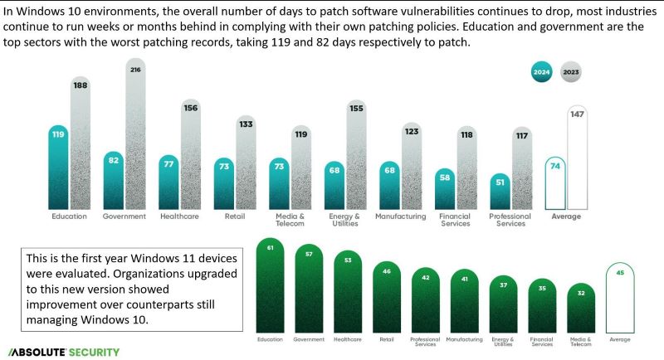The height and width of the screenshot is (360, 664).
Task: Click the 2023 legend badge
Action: coord(571,72)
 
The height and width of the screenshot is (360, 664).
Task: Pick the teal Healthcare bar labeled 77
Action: coord(170,182)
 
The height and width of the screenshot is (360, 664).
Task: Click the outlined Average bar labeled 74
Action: coord(555,182)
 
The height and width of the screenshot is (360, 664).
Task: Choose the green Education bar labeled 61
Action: coord(271,286)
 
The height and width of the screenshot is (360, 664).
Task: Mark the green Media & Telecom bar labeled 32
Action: coord(580,308)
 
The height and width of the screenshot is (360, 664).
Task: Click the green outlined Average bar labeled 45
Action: coord(620,299)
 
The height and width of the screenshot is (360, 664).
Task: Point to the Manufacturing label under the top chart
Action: coord(401,216)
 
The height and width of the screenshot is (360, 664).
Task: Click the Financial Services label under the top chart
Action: coord(456,220)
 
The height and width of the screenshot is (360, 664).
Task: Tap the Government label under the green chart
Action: coord(310,339)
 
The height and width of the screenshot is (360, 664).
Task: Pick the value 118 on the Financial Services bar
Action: coord(467,134)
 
